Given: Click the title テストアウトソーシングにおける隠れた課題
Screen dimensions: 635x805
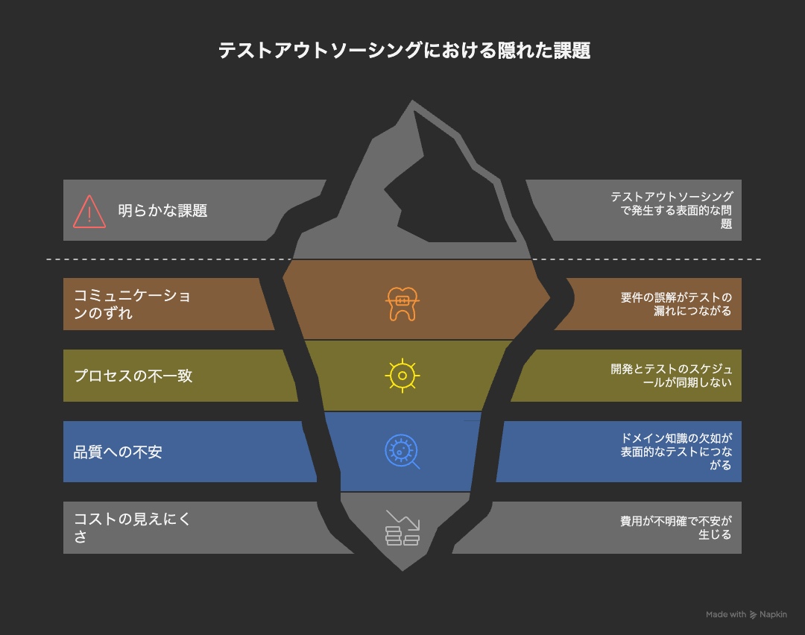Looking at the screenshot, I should pyautogui.click(x=403, y=51).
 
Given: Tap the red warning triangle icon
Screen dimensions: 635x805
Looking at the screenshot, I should pyautogui.click(x=89, y=211).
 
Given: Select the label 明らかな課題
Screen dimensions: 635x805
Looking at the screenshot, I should pyautogui.click(x=162, y=211).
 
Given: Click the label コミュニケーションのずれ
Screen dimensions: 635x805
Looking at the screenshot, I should pyautogui.click(x=132, y=304).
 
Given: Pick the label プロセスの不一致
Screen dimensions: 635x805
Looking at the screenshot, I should pyautogui.click(x=133, y=376).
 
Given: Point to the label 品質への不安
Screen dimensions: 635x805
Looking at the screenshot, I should pyautogui.click(x=118, y=452).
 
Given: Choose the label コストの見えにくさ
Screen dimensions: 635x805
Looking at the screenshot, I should pyautogui.click(x=132, y=528).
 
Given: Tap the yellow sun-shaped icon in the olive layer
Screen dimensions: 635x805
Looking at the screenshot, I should pyautogui.click(x=402, y=376).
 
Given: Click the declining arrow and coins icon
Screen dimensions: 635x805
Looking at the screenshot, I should pyautogui.click(x=402, y=528).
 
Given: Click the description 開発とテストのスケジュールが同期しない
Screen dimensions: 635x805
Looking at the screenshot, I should pyautogui.click(x=671, y=376).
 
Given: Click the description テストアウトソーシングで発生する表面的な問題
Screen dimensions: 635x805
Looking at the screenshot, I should pyautogui.click(x=671, y=210).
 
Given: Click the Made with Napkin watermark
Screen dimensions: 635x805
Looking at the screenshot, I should pyautogui.click(x=746, y=615).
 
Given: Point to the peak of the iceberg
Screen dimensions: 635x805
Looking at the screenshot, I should pyautogui.click(x=413, y=103).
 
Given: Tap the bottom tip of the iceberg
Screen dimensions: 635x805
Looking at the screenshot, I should pyautogui.click(x=402, y=568).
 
